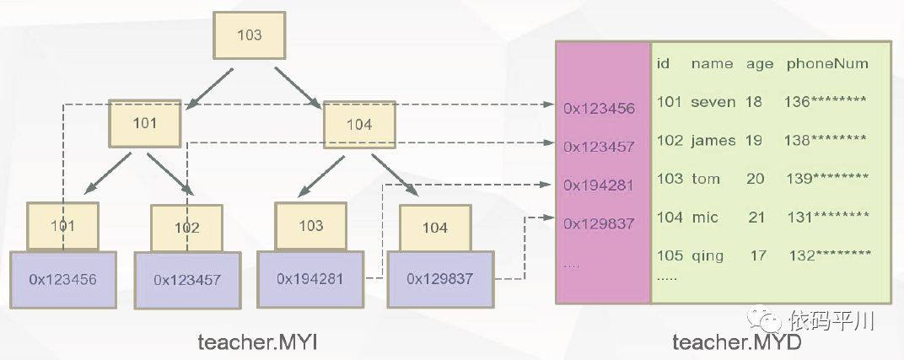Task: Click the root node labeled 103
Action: [250, 35]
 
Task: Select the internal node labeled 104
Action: [359, 124]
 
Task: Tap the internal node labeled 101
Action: [145, 123]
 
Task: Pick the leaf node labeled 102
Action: [186, 228]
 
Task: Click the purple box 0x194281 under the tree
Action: [311, 278]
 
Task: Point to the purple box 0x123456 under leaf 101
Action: [63, 278]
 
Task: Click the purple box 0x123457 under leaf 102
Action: [186, 279]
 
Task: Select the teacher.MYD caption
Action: [735, 341]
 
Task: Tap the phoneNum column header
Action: [826, 63]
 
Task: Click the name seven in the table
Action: [713, 102]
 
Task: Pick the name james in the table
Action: [713, 141]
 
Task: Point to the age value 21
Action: [756, 218]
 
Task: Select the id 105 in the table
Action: [670, 255]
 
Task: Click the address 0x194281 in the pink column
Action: [599, 185]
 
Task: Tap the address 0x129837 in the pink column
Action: [599, 223]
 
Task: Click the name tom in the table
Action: [705, 179]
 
